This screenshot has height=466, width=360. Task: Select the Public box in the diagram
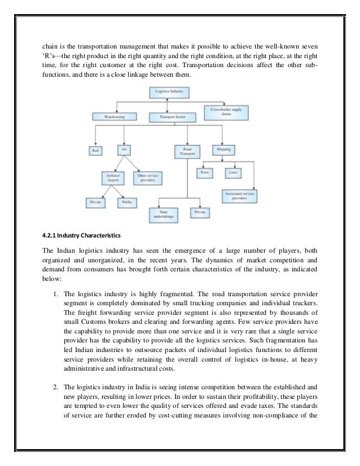pos(126,201)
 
